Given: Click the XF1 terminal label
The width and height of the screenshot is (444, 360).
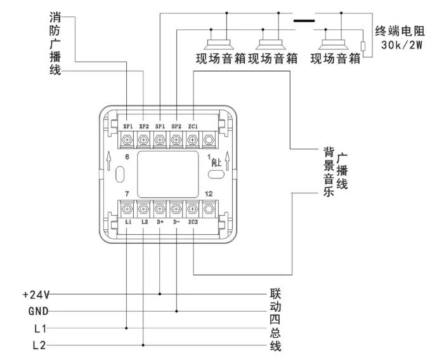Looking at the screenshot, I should click(127, 126).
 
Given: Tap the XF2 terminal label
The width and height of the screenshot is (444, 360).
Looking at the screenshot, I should click(144, 126).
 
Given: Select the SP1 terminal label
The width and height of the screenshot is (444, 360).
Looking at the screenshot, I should click(160, 126).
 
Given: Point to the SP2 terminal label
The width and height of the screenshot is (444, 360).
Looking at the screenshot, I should click(177, 126).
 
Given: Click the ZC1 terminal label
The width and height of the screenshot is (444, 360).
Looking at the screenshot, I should click(193, 126).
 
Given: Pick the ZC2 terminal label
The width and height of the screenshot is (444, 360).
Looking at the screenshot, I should click(193, 223).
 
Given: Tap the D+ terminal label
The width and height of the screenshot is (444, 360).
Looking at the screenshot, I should click(160, 223).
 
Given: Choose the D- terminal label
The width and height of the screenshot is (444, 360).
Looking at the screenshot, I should click(176, 223).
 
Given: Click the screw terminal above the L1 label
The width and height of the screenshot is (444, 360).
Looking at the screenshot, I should click(127, 208).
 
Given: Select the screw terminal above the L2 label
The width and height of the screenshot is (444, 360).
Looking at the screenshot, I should click(143, 208).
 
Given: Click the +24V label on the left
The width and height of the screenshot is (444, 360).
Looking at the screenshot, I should click(35, 295).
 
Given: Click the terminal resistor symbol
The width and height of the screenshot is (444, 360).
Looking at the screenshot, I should click(363, 46).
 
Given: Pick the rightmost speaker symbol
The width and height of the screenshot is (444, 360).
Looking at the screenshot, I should click(334, 44).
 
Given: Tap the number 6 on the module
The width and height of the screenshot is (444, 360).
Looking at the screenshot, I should click(127, 156).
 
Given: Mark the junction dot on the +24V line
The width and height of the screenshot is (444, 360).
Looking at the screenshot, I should click(160, 295).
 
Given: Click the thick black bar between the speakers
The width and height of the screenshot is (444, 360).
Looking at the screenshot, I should click(304, 20).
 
